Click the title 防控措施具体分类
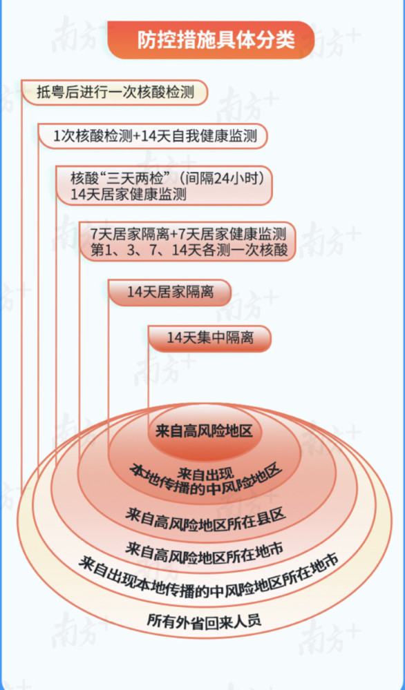coord(216,41)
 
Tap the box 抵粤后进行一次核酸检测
coord(115,92)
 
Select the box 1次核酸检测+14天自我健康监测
coord(153,136)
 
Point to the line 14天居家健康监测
coord(129,195)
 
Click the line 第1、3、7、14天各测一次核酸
coord(189,250)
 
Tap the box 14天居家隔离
coord(170,292)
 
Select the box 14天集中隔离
coord(210,338)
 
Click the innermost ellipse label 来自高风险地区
coord(204,431)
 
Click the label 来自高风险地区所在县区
coord(206,517)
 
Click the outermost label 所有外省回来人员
coord(204,620)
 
